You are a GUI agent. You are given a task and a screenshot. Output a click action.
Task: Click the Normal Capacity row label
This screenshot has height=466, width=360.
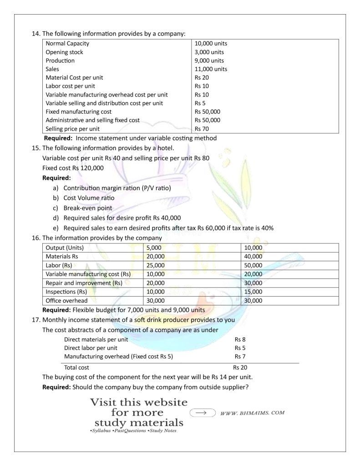[x=67, y=44]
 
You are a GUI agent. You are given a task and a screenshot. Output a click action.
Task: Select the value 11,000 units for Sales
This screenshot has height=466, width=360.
[x=211, y=69]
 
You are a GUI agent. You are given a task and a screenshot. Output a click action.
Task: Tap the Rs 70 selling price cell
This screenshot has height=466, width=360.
[x=202, y=129]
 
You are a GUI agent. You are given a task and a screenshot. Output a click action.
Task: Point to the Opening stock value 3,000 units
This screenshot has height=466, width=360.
[x=209, y=52]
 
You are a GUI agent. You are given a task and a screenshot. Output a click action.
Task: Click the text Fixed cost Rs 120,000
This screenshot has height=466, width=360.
[x=73, y=168]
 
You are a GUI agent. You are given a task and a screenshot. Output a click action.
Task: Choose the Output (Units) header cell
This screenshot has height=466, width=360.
[x=65, y=248]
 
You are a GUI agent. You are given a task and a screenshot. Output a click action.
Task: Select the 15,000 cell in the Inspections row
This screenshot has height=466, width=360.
[x=253, y=292]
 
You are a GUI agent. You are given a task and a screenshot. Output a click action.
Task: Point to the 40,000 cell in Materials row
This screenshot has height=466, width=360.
[x=253, y=257]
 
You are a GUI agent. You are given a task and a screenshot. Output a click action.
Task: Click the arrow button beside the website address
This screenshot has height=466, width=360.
[x=202, y=413]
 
